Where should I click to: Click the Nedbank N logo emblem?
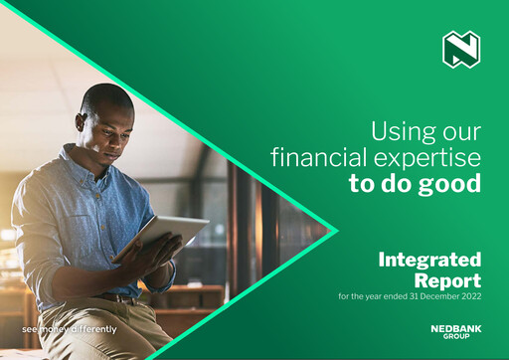click(460, 50)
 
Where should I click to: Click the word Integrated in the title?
click(429, 261)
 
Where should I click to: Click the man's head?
click(106, 114)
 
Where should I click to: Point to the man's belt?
click(119, 297)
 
